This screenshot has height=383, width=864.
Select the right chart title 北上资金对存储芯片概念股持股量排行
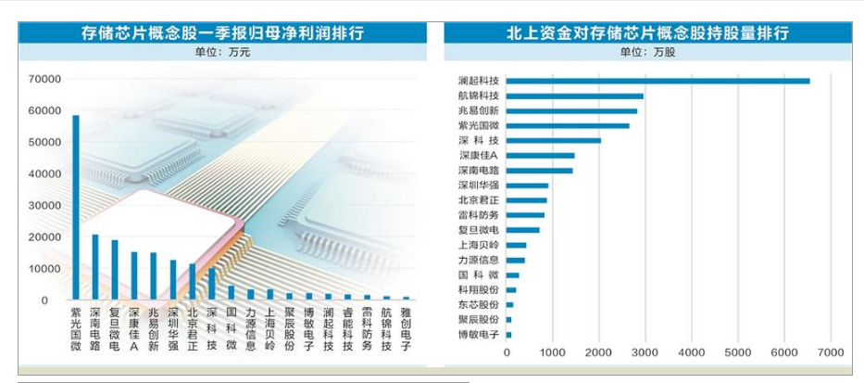pyautogui.click(x=647, y=33)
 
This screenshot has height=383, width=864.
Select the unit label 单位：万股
pyautogui.click(x=647, y=53)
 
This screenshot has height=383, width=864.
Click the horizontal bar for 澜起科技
pyautogui.click(x=657, y=81)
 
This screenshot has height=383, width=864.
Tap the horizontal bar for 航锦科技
pyautogui.click(x=574, y=96)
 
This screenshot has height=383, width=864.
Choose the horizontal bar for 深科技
pyautogui.click(x=553, y=141)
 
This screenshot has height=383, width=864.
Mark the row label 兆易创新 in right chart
pyautogui.click(x=479, y=110)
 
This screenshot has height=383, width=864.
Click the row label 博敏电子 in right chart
pyautogui.click(x=479, y=334)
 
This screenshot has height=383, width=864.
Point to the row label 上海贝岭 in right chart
pyautogui.click(x=479, y=245)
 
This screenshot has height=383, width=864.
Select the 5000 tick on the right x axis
pyautogui.click(x=738, y=353)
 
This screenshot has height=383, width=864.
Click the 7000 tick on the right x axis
pyautogui.click(x=831, y=353)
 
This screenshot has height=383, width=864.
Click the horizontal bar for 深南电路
pyautogui.click(x=539, y=171)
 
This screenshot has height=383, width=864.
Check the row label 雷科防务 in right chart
pyautogui.click(x=479, y=215)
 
